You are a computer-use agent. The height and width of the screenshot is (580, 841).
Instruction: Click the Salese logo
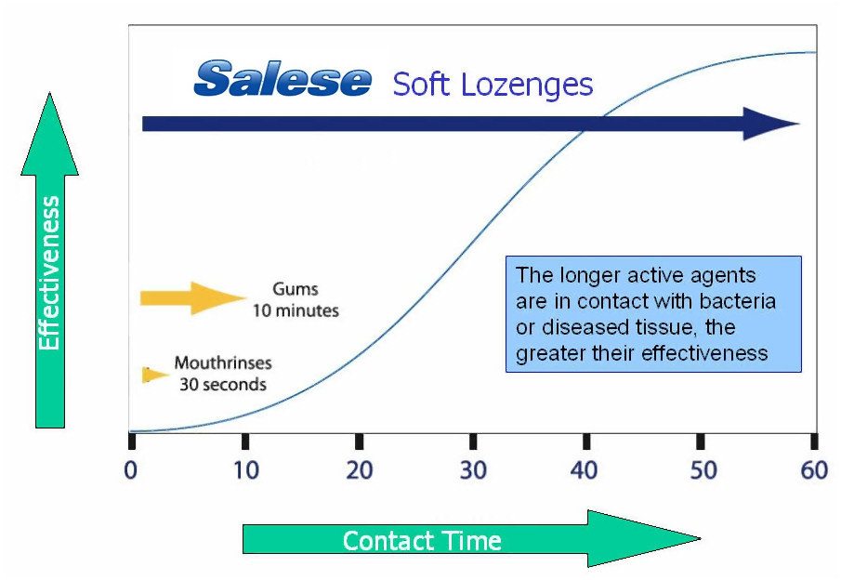point(283,79)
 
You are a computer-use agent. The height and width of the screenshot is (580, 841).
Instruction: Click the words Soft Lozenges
point(493,85)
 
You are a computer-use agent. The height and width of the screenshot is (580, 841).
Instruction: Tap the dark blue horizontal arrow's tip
point(800,124)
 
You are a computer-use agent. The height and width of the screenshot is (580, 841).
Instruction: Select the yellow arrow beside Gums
point(193,297)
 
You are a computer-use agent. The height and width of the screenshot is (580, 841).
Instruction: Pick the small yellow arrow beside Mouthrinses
point(155,375)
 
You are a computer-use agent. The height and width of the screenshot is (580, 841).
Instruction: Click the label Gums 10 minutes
point(296,300)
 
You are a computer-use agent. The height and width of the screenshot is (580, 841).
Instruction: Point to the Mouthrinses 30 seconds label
point(223,374)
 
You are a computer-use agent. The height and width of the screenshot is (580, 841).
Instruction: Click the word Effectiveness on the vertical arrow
point(49,273)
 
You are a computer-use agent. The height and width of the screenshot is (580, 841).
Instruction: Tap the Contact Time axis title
point(422,540)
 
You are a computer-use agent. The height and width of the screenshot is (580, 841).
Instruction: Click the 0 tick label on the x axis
point(131,470)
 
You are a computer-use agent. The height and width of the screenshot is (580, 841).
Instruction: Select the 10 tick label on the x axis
point(246,470)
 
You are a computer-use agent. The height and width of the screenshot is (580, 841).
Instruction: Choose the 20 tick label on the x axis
point(360,470)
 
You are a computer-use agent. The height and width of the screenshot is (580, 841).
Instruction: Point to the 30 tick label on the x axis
point(473,470)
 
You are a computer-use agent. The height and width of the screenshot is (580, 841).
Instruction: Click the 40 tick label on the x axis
point(585,470)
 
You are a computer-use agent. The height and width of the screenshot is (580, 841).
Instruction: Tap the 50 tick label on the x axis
point(703,470)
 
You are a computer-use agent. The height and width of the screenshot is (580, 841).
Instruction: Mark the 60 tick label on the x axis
point(814,470)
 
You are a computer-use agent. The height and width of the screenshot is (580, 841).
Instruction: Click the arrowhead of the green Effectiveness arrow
point(50,93)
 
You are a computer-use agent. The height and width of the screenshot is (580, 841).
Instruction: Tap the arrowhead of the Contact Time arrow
point(701,538)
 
